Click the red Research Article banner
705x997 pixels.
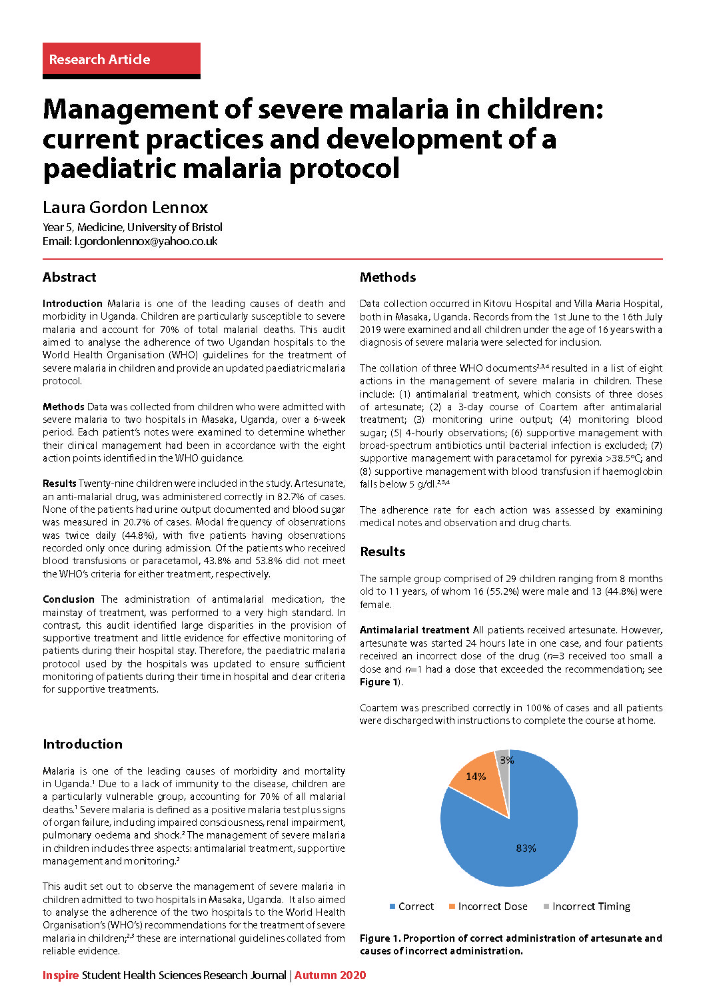tap(121, 59)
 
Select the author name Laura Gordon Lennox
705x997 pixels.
tap(125, 207)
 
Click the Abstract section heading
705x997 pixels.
tap(69, 277)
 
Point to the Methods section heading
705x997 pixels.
tap(388, 277)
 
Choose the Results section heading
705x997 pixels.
tap(382, 551)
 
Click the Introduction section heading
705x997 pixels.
tap(83, 744)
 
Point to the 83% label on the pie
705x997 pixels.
tap(526, 848)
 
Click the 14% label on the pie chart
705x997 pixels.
tap(476, 777)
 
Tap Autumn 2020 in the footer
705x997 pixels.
tap(331, 975)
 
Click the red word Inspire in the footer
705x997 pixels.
tap(61, 975)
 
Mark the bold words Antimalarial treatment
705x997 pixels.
tap(414, 630)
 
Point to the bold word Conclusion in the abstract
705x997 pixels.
tap(69, 599)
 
